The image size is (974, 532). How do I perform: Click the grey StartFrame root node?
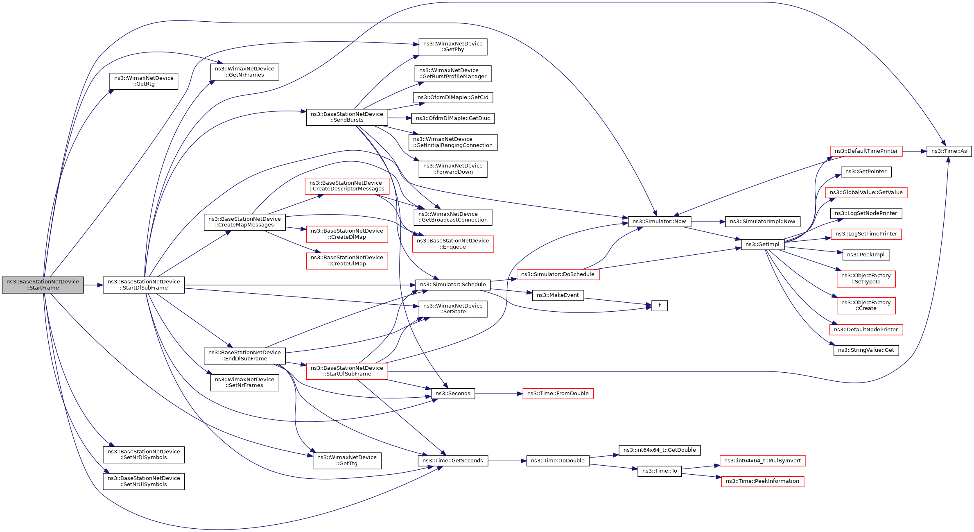click(43, 285)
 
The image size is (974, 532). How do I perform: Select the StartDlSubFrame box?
click(144, 285)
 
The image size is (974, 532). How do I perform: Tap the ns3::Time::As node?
click(949, 151)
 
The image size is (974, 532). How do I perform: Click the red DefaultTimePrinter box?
click(866, 151)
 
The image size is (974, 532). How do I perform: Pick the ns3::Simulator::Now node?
click(659, 222)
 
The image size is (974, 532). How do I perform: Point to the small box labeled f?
click(659, 306)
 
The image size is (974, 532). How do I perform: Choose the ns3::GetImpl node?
click(762, 244)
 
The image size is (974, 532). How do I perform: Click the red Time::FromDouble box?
click(558, 394)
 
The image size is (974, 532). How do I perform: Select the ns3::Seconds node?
click(453, 394)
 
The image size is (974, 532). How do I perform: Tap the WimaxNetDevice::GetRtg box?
click(144, 81)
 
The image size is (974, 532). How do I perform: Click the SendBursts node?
click(347, 117)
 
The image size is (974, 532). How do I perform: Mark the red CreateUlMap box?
click(347, 260)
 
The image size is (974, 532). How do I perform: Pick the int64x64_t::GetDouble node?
click(659, 450)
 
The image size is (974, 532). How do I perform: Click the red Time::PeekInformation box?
click(762, 481)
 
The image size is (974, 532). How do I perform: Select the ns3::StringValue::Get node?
click(866, 350)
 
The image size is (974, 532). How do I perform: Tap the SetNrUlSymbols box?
click(144, 481)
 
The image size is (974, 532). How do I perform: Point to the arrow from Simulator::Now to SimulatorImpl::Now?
click(708, 222)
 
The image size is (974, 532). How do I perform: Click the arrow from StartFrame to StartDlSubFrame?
click(93, 285)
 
